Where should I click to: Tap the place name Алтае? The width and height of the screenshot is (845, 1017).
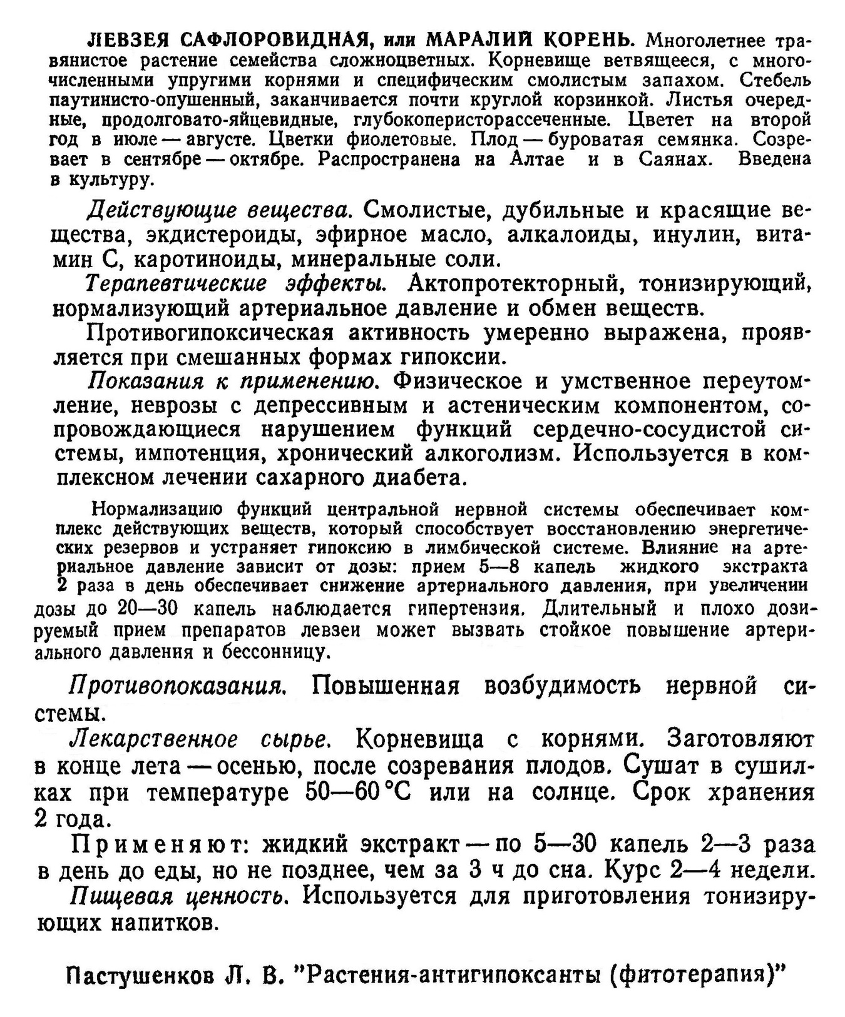coord(538,159)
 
